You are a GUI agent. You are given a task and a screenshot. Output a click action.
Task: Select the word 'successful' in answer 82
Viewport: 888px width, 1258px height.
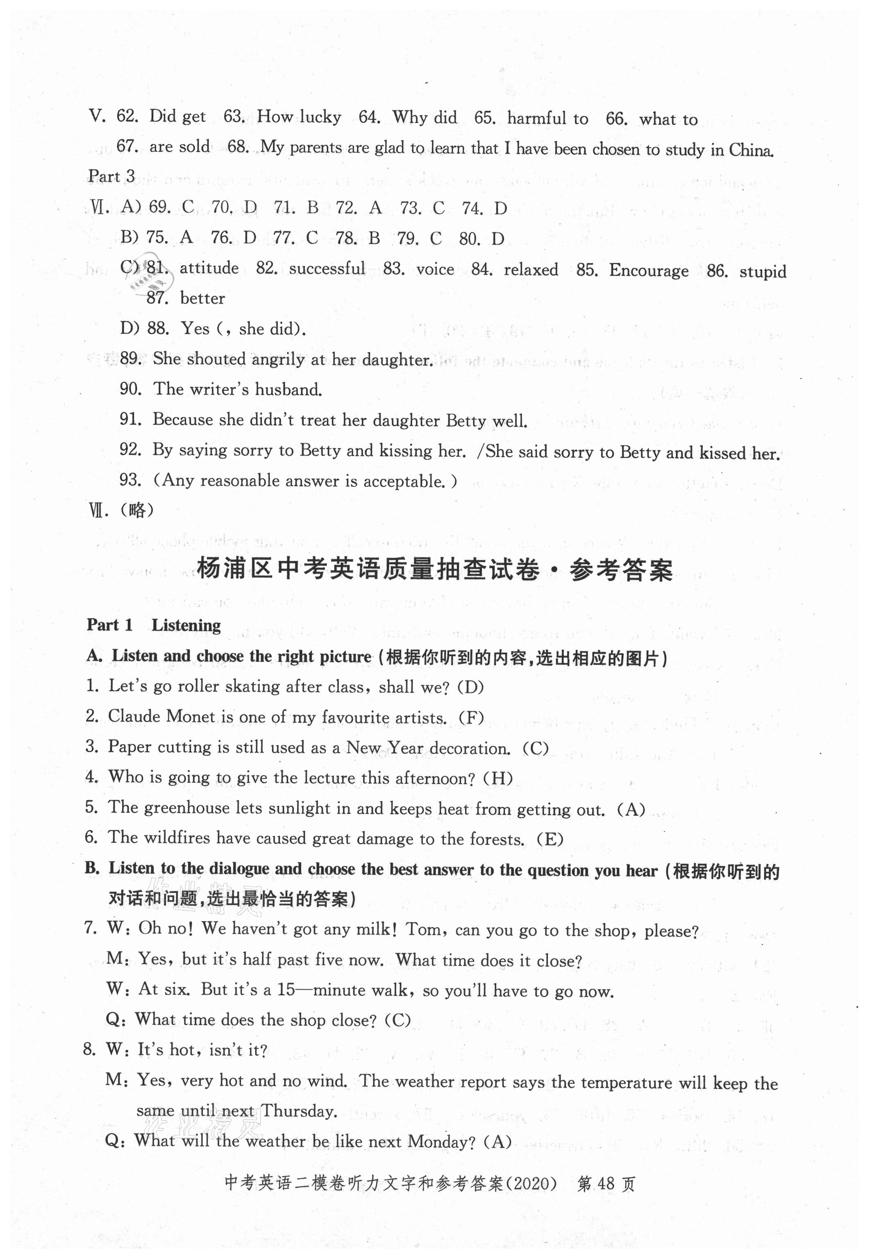pos(327,268)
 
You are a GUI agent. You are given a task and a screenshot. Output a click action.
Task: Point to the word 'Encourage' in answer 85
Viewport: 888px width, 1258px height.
pos(649,271)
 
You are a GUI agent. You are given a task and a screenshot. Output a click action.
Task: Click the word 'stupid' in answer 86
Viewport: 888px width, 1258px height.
pos(763,272)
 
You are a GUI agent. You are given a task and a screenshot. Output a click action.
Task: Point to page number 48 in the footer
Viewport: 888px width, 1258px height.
pos(606,1185)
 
